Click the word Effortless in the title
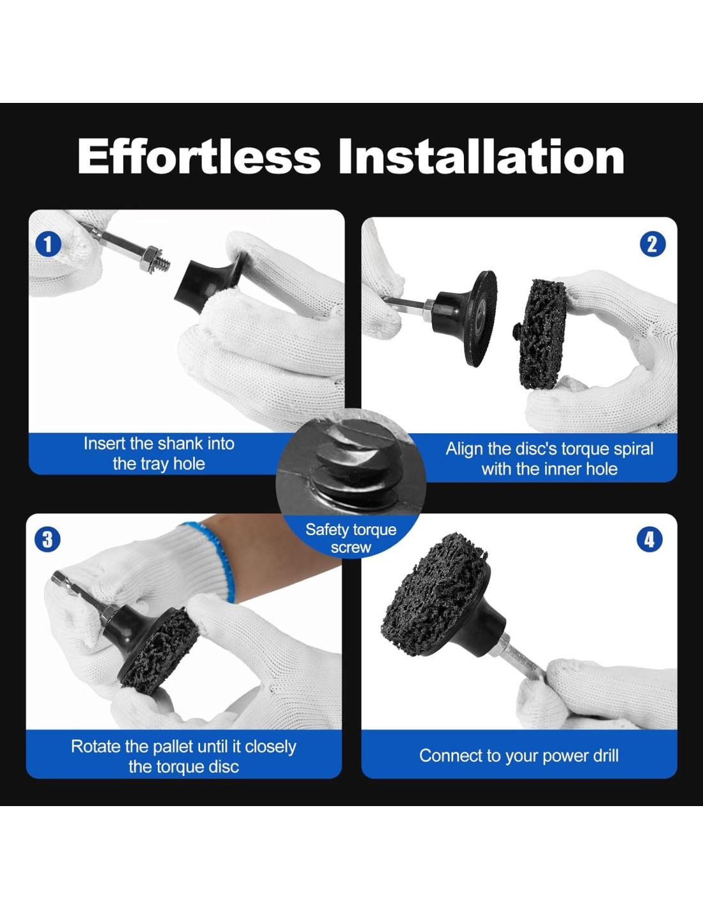pyautogui.click(x=199, y=157)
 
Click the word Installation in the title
pyautogui.click(x=481, y=157)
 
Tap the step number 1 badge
pyautogui.click(x=49, y=245)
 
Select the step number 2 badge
pyautogui.click(x=653, y=245)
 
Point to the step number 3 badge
pyautogui.click(x=48, y=540)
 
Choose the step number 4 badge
pyautogui.click(x=649, y=540)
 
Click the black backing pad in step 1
pyautogui.click(x=210, y=286)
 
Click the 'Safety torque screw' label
pyautogui.click(x=351, y=538)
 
